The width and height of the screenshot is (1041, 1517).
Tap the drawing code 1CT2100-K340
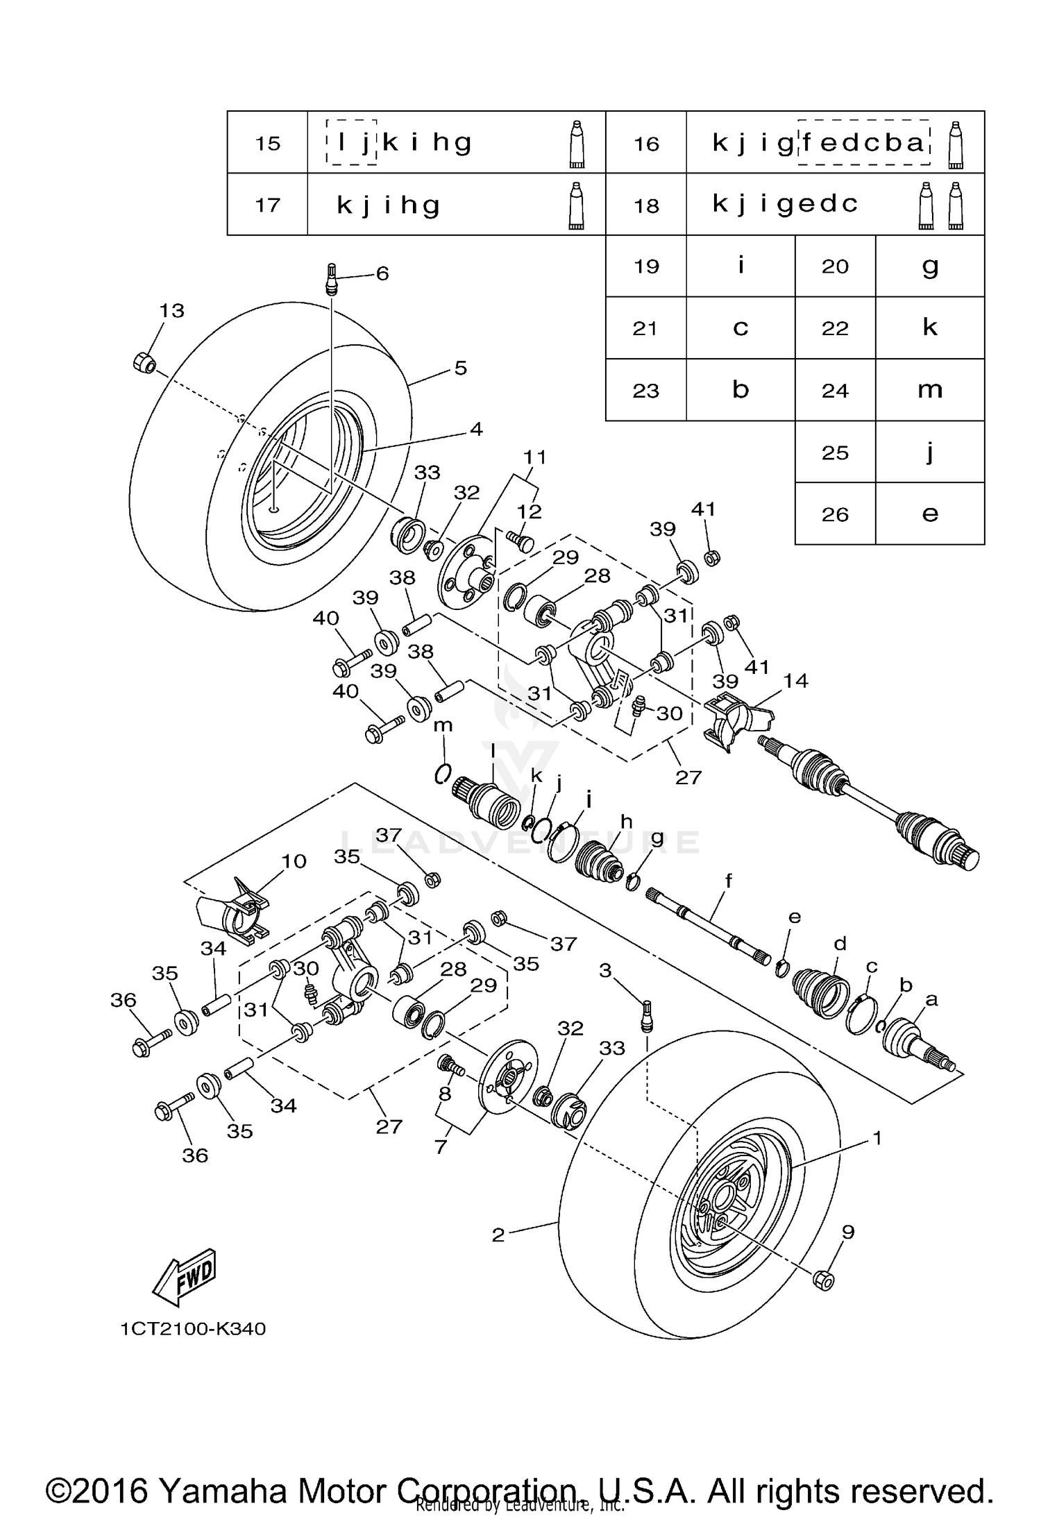click(193, 1328)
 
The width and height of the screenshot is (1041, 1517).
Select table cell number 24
click(835, 391)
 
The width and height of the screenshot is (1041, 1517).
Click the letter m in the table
click(929, 390)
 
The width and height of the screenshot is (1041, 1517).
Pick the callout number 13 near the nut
click(171, 310)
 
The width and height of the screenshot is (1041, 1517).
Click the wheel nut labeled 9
click(823, 1279)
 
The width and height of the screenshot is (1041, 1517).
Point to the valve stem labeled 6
click(332, 279)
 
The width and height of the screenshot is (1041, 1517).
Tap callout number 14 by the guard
click(795, 681)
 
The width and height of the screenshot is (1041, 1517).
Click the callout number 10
click(294, 861)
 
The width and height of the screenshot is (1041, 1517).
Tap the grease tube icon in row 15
click(577, 144)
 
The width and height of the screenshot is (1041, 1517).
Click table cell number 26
click(835, 514)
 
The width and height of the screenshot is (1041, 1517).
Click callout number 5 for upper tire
click(461, 368)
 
